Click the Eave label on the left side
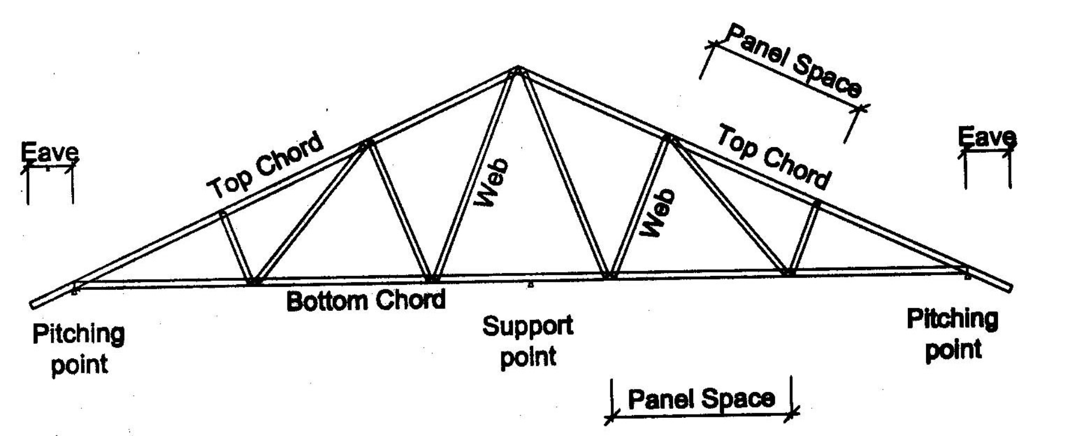(49, 152)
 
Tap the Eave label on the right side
(987, 137)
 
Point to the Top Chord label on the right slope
(774, 157)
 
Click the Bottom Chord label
(366, 300)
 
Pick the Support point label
(528, 342)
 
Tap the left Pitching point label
(79, 349)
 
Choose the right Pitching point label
(953, 334)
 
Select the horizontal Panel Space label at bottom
(701, 399)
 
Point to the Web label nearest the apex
(491, 182)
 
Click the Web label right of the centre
(659, 212)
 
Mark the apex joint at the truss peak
(517, 70)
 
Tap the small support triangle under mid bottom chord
(530, 285)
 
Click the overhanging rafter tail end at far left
(33, 305)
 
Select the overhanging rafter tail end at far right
(1009, 288)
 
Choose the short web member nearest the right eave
(804, 237)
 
